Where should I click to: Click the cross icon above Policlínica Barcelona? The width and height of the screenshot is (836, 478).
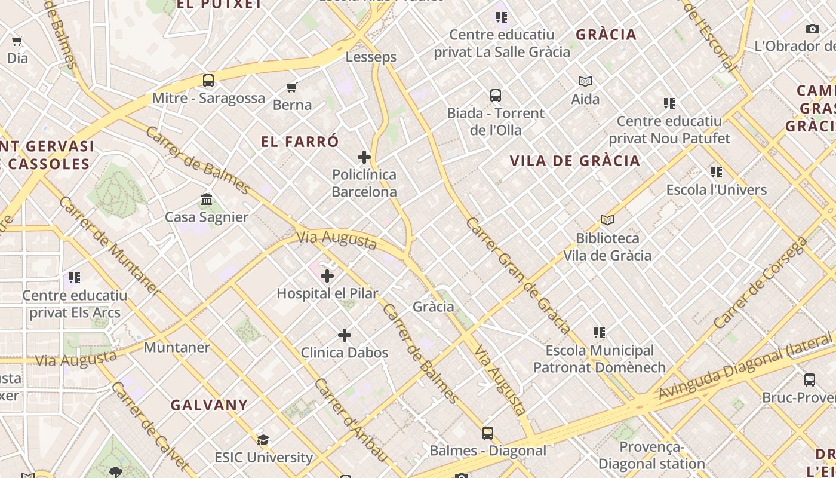tap(364, 157)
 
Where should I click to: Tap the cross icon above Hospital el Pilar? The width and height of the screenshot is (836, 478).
tap(327, 276)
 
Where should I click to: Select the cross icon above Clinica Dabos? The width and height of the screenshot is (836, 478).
tap(345, 335)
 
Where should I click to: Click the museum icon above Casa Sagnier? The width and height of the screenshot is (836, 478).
tap(207, 199)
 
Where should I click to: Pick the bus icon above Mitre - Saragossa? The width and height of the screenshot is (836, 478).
tap(208, 80)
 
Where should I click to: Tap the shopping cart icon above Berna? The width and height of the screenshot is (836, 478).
tap(292, 88)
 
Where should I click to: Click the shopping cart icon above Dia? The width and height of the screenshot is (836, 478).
tap(17, 41)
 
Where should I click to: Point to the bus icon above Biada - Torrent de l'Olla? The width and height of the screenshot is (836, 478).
tap(496, 96)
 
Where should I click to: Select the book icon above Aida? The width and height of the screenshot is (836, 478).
tap(585, 81)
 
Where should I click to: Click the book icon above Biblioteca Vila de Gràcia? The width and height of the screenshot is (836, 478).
tap(607, 220)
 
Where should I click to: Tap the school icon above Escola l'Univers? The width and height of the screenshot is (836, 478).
tap(717, 172)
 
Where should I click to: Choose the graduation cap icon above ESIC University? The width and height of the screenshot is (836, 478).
tap(263, 440)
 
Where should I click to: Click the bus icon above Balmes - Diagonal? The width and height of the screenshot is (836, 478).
tap(488, 433)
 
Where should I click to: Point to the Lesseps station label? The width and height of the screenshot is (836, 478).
tap(371, 57)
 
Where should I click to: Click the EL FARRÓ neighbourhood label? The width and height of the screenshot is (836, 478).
tap(300, 142)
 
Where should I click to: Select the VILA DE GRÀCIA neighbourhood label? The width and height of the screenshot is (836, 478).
tap(575, 161)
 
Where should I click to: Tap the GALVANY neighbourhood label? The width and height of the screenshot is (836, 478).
tap(209, 405)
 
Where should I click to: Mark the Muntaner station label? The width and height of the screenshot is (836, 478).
tap(177, 347)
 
